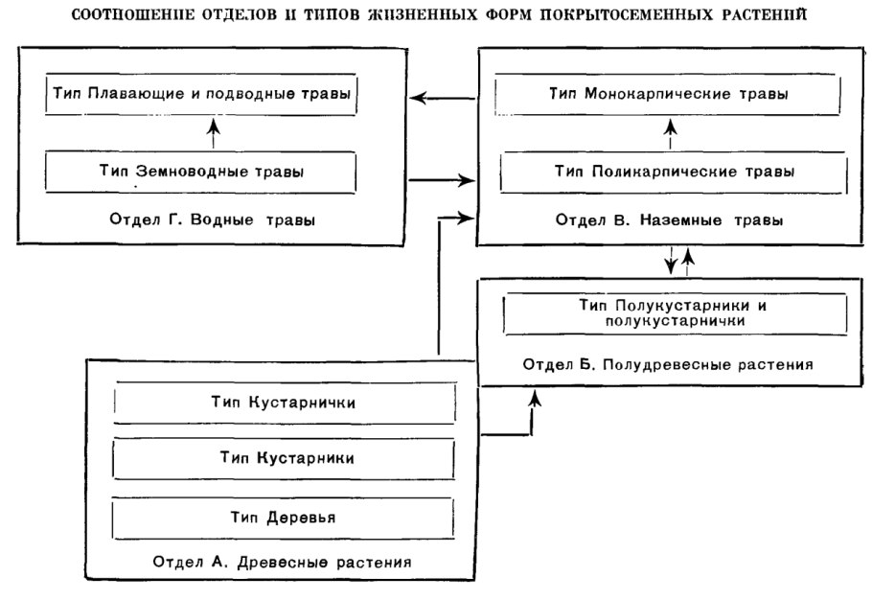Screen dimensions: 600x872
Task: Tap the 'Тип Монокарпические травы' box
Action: (x=670, y=97)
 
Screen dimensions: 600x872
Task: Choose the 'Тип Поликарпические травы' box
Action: (x=670, y=173)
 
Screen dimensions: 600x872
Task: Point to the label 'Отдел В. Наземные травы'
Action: (x=671, y=220)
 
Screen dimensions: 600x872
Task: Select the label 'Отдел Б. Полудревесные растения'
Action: (x=669, y=364)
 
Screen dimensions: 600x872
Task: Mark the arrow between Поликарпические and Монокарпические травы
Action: (x=670, y=134)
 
